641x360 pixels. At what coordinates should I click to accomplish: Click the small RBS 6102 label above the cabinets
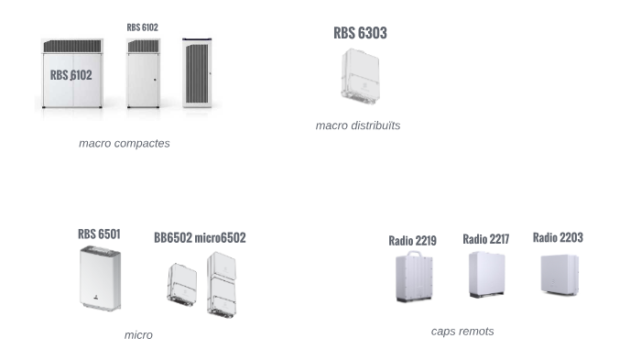click(x=142, y=27)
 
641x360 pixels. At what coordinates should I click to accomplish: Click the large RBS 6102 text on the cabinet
click(x=71, y=75)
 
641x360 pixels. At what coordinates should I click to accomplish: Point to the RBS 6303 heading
click(x=360, y=33)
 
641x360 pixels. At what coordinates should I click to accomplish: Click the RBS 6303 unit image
click(x=360, y=77)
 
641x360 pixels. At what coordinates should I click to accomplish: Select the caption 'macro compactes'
click(x=125, y=143)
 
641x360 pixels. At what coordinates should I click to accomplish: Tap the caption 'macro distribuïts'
click(x=358, y=125)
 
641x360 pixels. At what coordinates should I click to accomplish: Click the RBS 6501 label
click(x=99, y=235)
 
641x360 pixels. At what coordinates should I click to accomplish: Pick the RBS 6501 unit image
click(x=100, y=278)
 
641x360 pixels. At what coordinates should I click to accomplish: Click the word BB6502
click(x=173, y=238)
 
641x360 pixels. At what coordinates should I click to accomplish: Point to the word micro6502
click(x=220, y=238)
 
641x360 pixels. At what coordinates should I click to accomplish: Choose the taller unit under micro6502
click(x=223, y=284)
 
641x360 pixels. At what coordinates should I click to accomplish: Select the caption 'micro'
click(x=138, y=335)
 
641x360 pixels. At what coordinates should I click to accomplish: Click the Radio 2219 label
click(x=412, y=241)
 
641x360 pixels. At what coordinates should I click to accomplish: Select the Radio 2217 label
click(x=485, y=239)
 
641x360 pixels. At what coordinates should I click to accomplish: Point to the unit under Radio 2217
click(x=486, y=274)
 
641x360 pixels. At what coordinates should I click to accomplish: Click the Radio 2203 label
click(x=558, y=237)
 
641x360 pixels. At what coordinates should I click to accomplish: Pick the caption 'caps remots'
click(x=462, y=331)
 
